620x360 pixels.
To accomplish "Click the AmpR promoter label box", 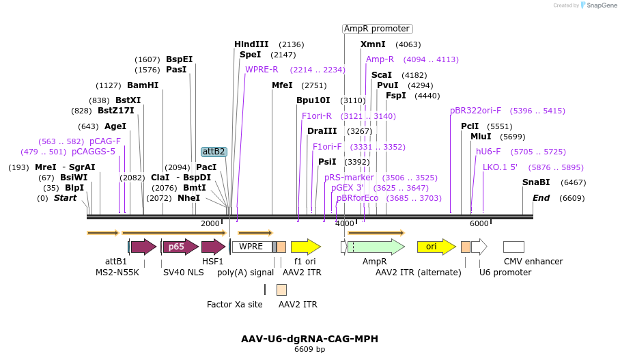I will click(377, 29).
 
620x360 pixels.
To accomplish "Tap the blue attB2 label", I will click(214, 152).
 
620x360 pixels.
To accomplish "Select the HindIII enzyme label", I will click(251, 44).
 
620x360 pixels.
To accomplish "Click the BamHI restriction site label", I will click(143, 85).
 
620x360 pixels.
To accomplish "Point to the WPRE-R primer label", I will click(262, 70).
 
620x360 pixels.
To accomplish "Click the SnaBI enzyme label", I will click(536, 182).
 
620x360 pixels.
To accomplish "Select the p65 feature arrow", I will click(180, 247).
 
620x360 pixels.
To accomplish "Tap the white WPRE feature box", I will click(251, 247).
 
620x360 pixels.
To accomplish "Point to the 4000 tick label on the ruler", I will click(345, 223).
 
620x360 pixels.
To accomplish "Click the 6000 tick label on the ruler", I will click(479, 223).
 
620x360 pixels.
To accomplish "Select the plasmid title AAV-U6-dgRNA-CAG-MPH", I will click(309, 339).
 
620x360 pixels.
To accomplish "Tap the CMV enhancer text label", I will click(533, 262).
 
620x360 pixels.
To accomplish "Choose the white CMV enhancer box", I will click(513, 247).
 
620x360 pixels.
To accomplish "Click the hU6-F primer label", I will click(488, 152).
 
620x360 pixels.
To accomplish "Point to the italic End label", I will click(541, 198).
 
